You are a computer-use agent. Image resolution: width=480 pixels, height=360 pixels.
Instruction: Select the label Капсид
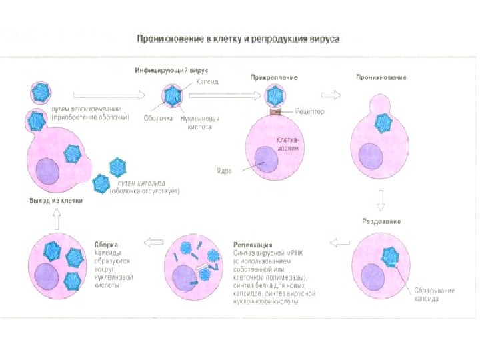207,81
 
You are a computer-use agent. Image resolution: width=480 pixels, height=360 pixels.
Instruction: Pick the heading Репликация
252,245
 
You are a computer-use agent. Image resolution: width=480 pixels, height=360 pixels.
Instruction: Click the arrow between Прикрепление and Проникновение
331,95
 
